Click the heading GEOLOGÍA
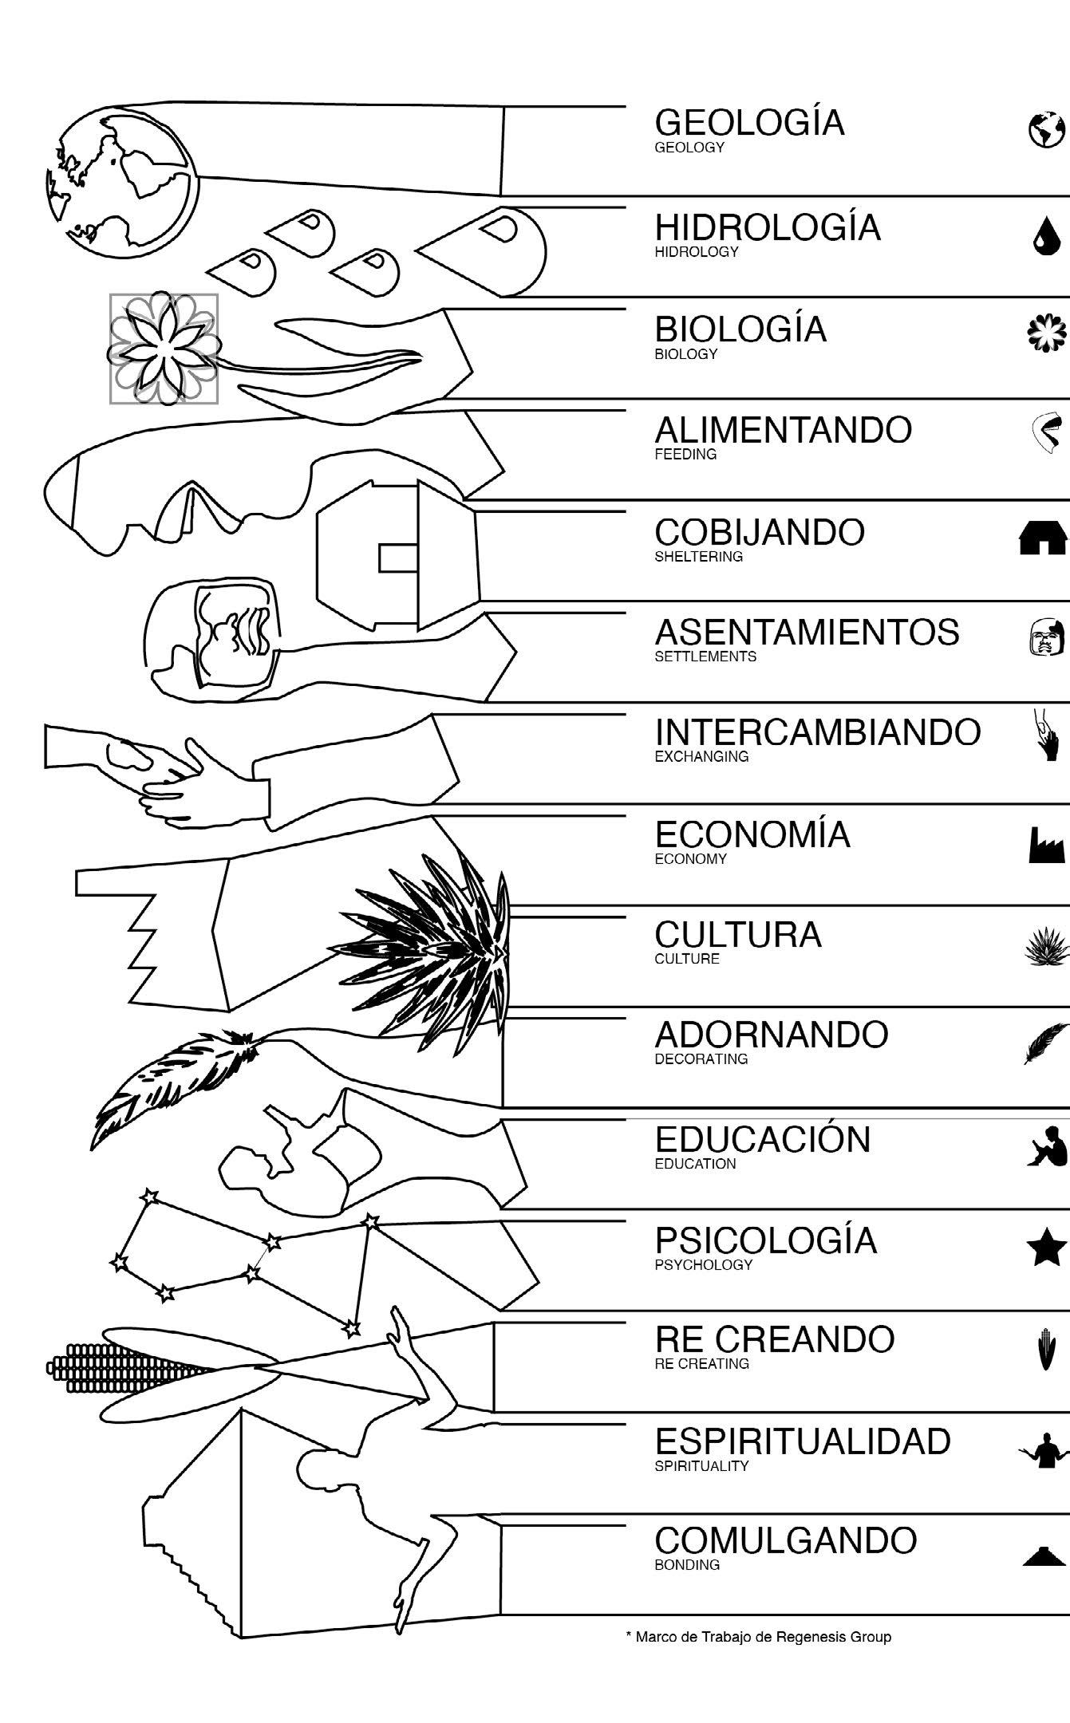(x=749, y=123)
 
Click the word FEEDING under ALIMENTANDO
(x=685, y=455)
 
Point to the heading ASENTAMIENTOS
(x=807, y=633)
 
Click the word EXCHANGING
(x=701, y=757)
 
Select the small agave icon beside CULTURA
(x=1046, y=948)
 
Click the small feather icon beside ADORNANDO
(x=1045, y=1043)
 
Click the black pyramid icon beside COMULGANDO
(x=1045, y=1555)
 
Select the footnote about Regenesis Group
(x=758, y=1638)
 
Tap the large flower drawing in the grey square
(x=164, y=349)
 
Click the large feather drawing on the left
(x=176, y=1085)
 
